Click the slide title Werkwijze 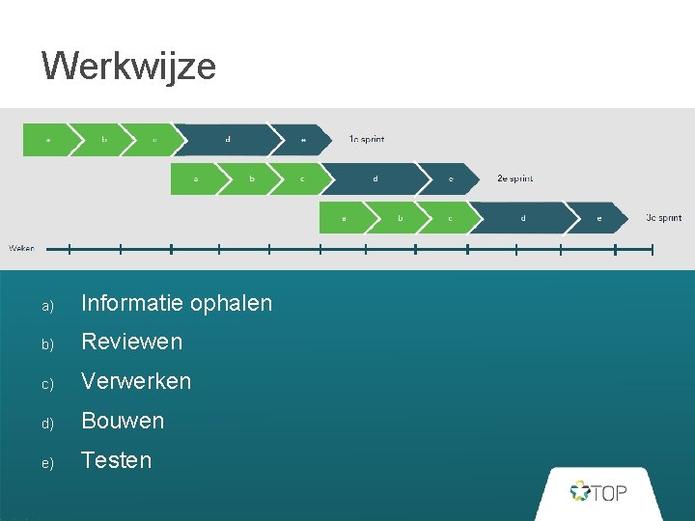tap(128, 67)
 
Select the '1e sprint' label tap(367, 139)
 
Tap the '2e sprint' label tap(514, 178)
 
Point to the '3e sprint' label tap(663, 218)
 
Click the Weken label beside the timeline tap(21, 248)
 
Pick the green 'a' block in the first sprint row tap(48, 139)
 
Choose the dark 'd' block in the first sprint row tap(228, 139)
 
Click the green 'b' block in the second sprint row tap(252, 178)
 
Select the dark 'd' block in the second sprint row tap(375, 178)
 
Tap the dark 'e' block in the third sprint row tap(598, 218)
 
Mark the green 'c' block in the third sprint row tap(449, 218)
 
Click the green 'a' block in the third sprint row tap(345, 218)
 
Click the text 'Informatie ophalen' tap(177, 303)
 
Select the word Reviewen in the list tap(131, 342)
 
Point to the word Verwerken tap(136, 381)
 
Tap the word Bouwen tap(123, 421)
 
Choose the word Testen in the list tap(116, 460)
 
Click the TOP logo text tap(608, 493)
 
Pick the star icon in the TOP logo tap(579, 492)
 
